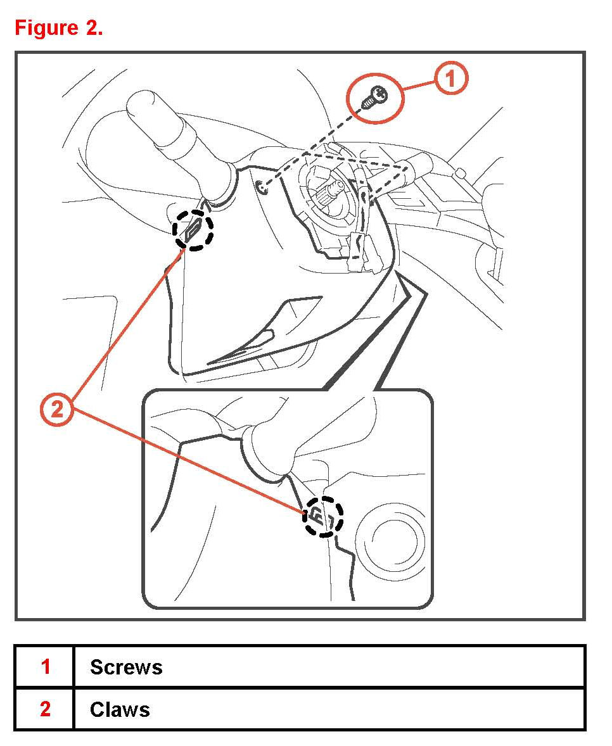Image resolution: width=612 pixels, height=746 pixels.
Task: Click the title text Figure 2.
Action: coord(58,28)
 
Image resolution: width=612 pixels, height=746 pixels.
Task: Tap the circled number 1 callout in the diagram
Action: coord(450,79)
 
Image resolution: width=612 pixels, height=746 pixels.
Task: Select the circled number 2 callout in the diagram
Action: coord(57,410)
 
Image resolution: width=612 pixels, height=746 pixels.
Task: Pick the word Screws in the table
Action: coord(126,667)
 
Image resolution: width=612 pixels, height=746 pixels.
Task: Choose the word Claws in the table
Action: coord(120,709)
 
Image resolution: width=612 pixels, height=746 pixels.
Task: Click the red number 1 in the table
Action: coord(45,667)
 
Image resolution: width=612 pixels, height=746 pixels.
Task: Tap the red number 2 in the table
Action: coord(45,709)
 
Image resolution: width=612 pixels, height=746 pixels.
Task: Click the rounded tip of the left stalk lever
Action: coord(143,104)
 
